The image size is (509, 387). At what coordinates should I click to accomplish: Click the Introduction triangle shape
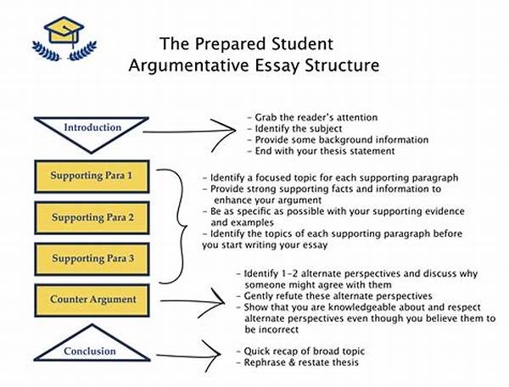coord(93,129)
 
